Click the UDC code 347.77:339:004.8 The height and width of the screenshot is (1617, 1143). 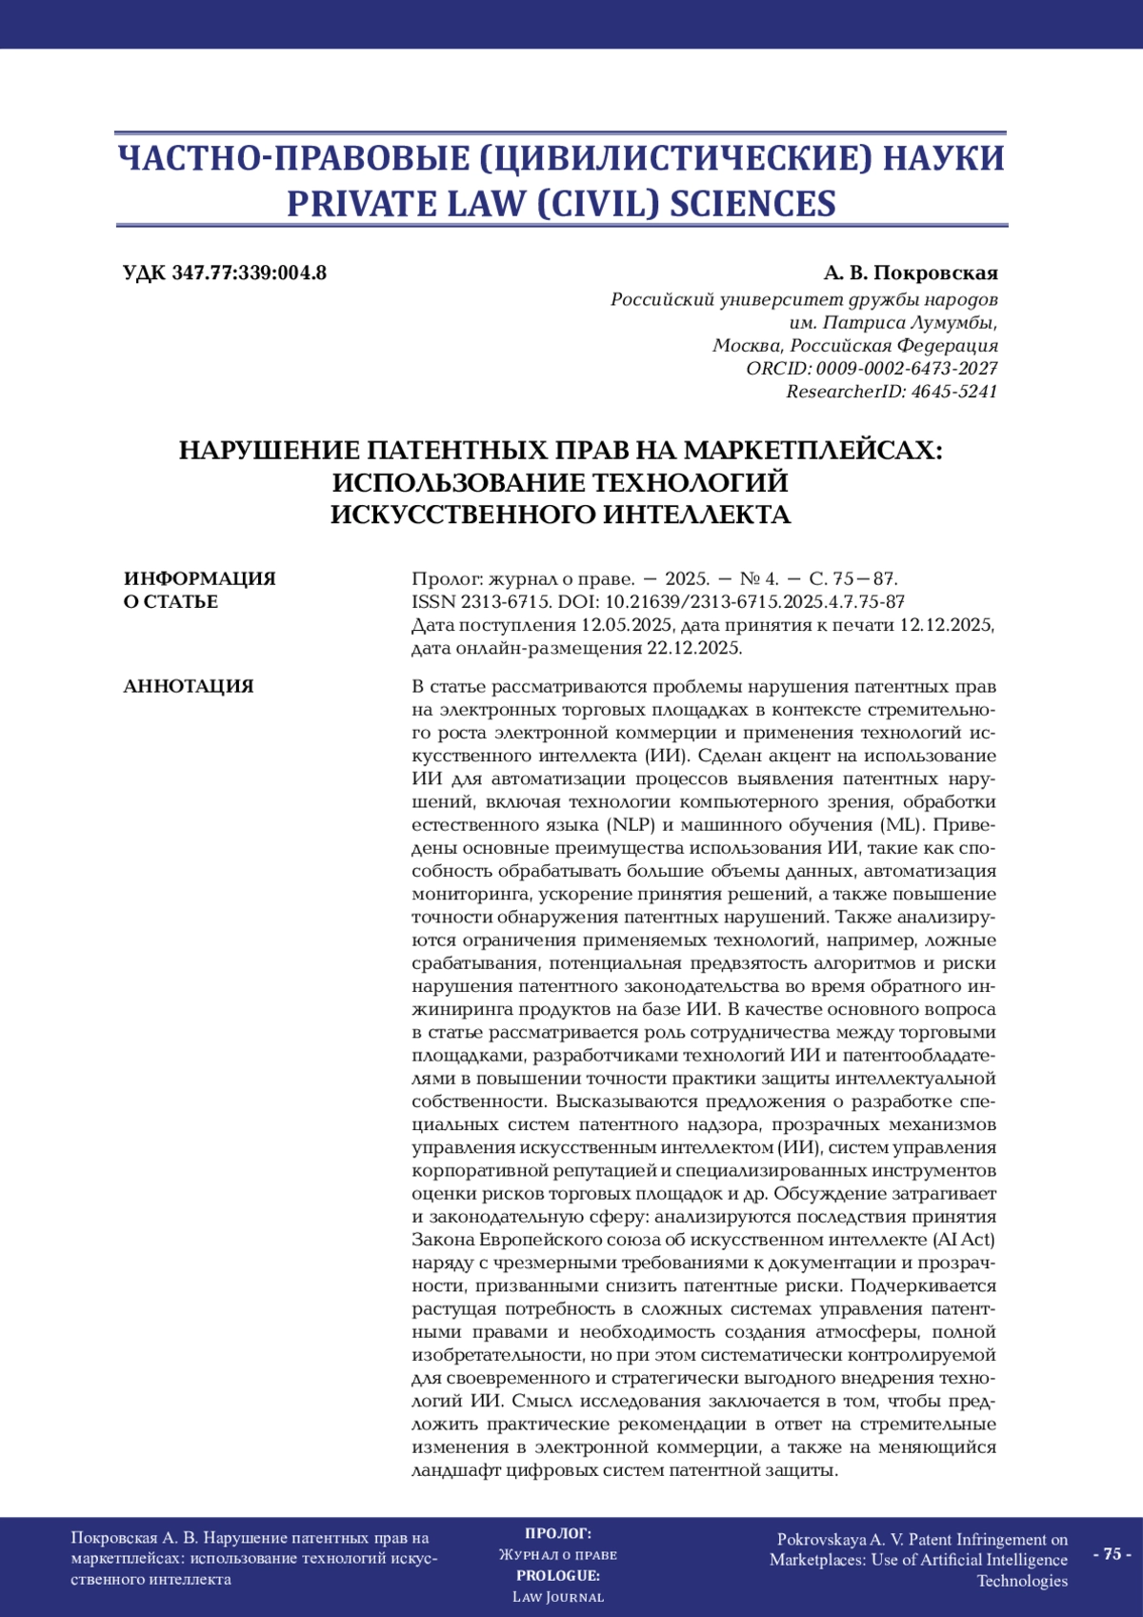click(x=249, y=273)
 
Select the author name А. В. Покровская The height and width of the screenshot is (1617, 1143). click(x=911, y=273)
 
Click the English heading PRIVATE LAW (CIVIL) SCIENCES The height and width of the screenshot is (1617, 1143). click(x=561, y=204)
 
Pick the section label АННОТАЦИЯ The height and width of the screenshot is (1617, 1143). click(x=189, y=686)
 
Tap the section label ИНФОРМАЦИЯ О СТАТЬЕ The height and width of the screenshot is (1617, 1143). click(x=199, y=590)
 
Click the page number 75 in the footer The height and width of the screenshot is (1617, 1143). click(x=1111, y=1554)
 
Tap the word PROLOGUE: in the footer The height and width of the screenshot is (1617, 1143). click(x=558, y=1576)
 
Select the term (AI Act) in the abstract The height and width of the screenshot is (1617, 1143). click(x=963, y=1240)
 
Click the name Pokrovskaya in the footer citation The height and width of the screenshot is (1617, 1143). click(x=821, y=1540)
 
